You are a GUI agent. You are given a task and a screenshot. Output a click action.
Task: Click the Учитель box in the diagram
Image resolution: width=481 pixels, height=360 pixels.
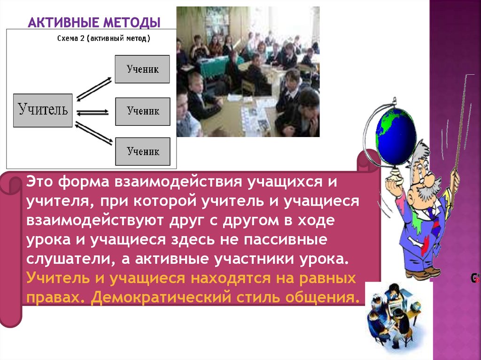43,110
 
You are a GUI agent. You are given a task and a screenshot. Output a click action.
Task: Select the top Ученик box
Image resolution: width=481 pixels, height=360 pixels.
142,69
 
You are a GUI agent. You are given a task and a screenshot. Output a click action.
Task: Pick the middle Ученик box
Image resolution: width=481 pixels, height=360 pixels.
142,111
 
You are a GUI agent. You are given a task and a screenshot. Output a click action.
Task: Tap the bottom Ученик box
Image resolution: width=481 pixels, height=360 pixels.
142,152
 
